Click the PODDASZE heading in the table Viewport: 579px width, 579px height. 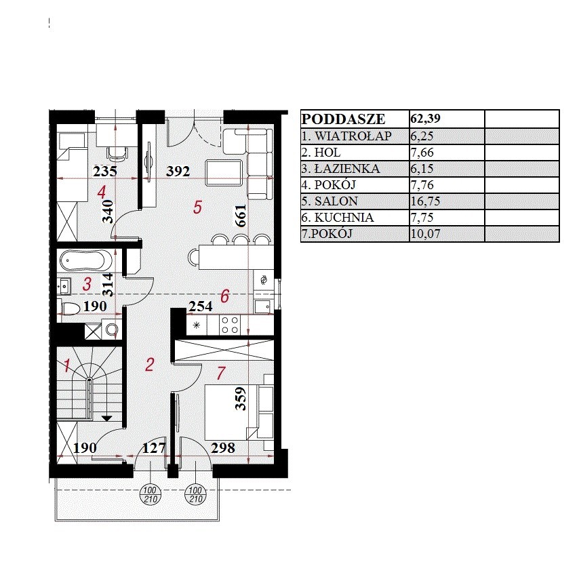click(x=343, y=119)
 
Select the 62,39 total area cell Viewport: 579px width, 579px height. click(x=425, y=118)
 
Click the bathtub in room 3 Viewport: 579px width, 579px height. click(x=86, y=261)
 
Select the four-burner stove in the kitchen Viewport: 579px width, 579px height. click(x=229, y=325)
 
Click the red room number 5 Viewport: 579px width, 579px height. click(x=197, y=207)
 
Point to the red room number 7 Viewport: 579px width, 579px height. click(x=221, y=373)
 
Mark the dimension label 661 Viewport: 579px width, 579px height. click(x=240, y=216)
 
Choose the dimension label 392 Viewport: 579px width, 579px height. click(x=178, y=171)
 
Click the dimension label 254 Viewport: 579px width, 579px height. click(x=201, y=306)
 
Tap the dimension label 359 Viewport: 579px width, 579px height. click(x=241, y=399)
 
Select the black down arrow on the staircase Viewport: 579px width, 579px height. click(x=106, y=418)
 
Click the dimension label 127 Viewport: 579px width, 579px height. click(x=154, y=448)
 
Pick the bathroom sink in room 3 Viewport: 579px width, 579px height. click(x=64, y=286)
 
